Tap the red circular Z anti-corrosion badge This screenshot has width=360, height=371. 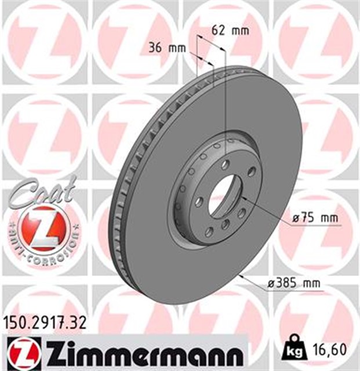[x=40, y=228]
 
